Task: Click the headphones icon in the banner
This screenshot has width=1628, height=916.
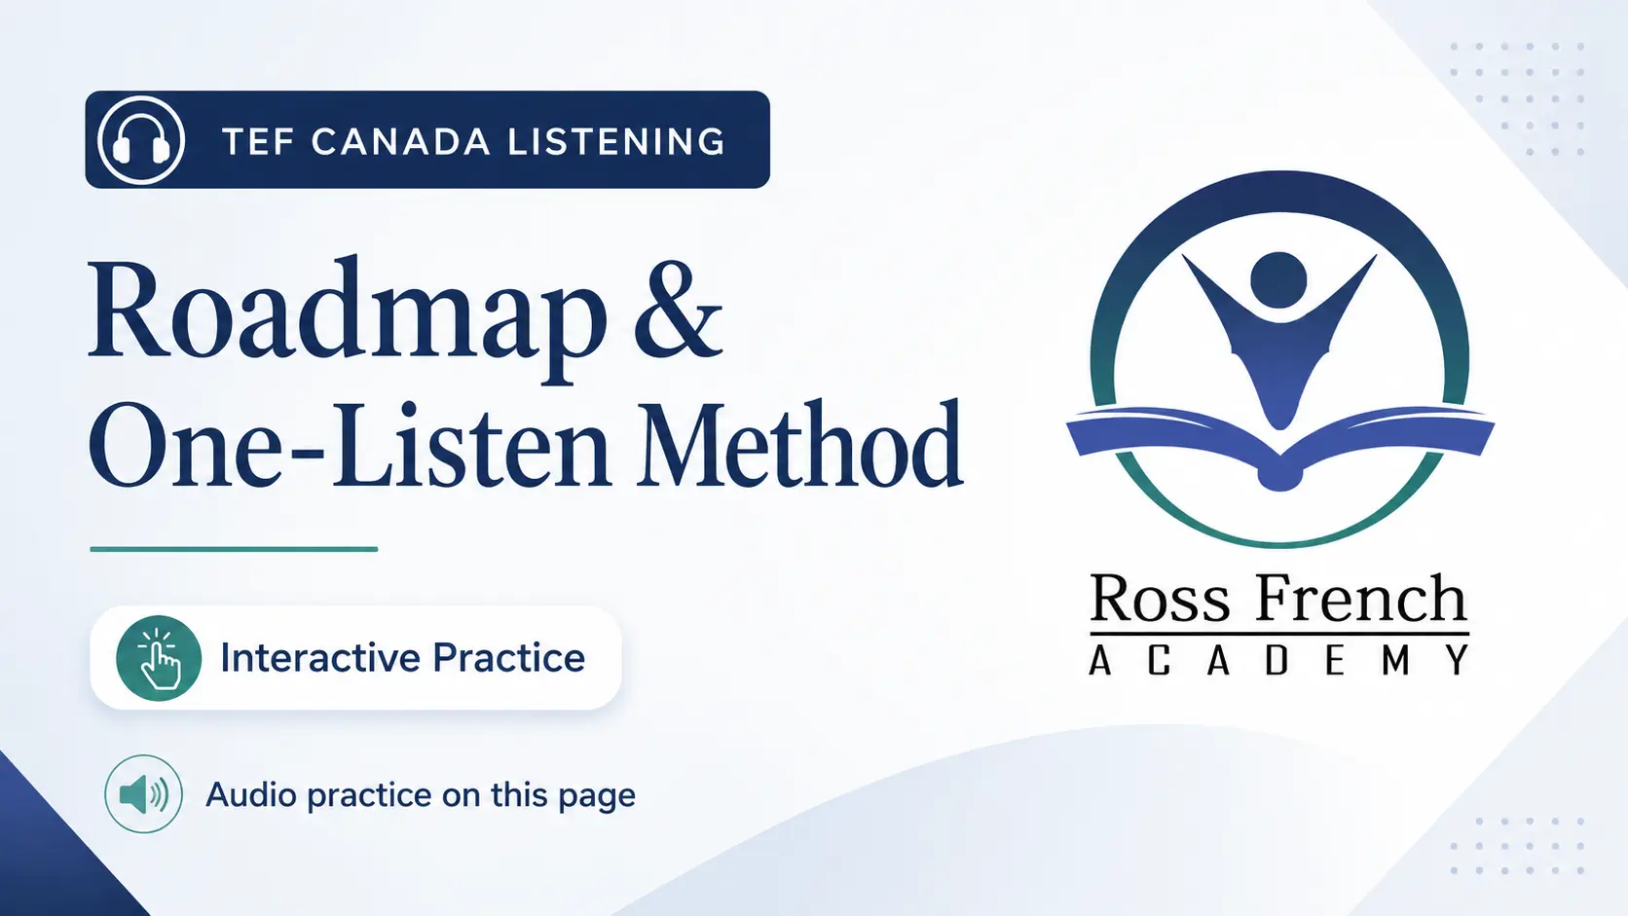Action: [x=141, y=139]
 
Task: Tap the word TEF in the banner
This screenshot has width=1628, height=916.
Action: [x=259, y=141]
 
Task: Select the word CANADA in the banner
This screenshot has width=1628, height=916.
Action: [x=400, y=141]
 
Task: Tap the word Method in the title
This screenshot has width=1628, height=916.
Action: [x=800, y=442]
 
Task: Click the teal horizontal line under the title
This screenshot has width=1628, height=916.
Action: [x=234, y=549]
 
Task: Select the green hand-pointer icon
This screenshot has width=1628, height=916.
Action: [x=159, y=658]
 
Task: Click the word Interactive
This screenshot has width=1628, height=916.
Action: [x=320, y=657]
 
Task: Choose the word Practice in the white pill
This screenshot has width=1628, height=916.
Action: [x=508, y=657]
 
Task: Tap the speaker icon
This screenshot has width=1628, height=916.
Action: [x=143, y=794]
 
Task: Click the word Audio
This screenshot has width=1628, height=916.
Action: [x=246, y=794]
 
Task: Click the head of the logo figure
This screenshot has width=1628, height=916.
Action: [x=1279, y=280]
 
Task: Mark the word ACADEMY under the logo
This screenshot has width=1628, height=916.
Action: [x=1278, y=660]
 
